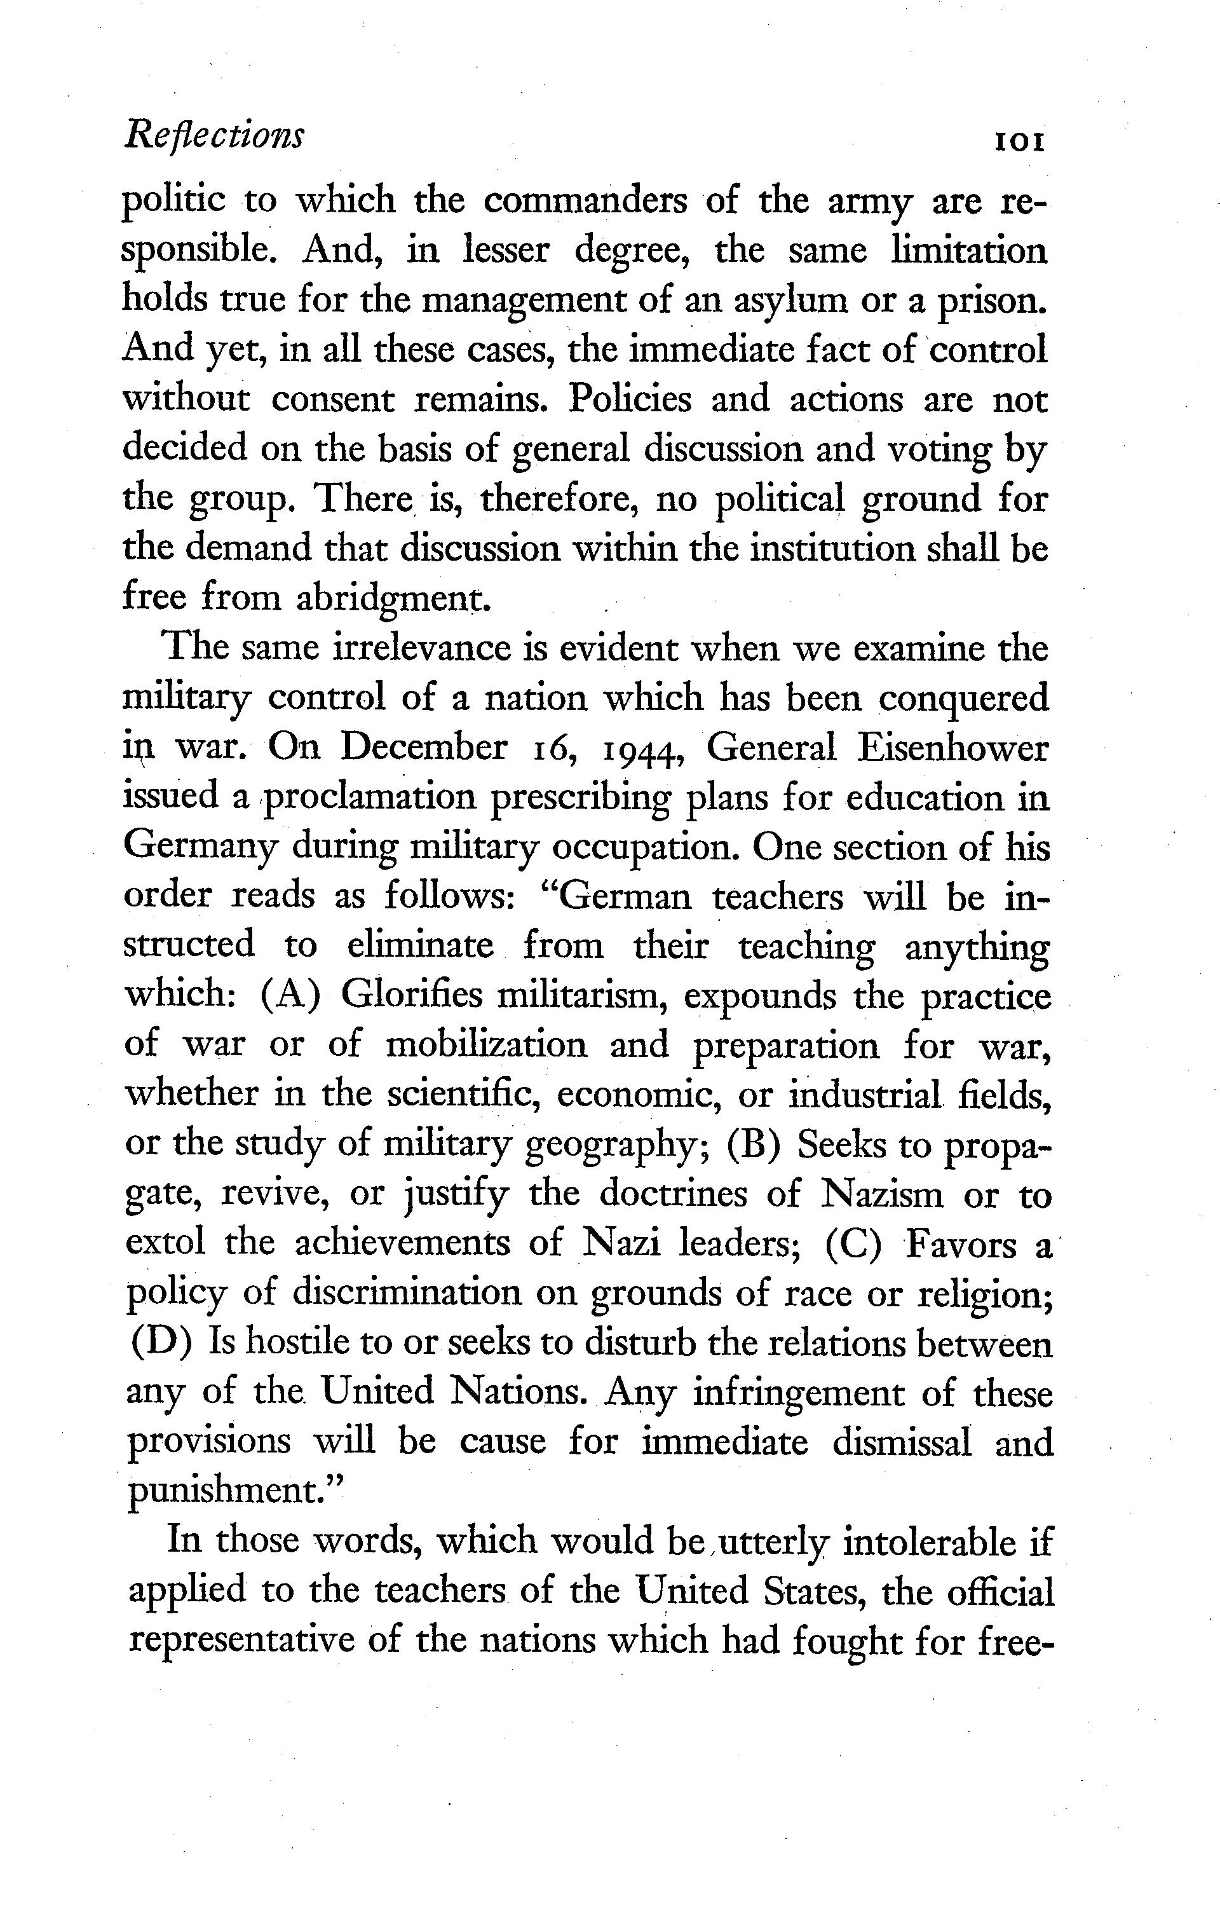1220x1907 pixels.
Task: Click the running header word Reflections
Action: coord(213,135)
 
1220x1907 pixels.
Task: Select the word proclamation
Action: coord(370,798)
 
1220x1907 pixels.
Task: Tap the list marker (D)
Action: coord(158,1344)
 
